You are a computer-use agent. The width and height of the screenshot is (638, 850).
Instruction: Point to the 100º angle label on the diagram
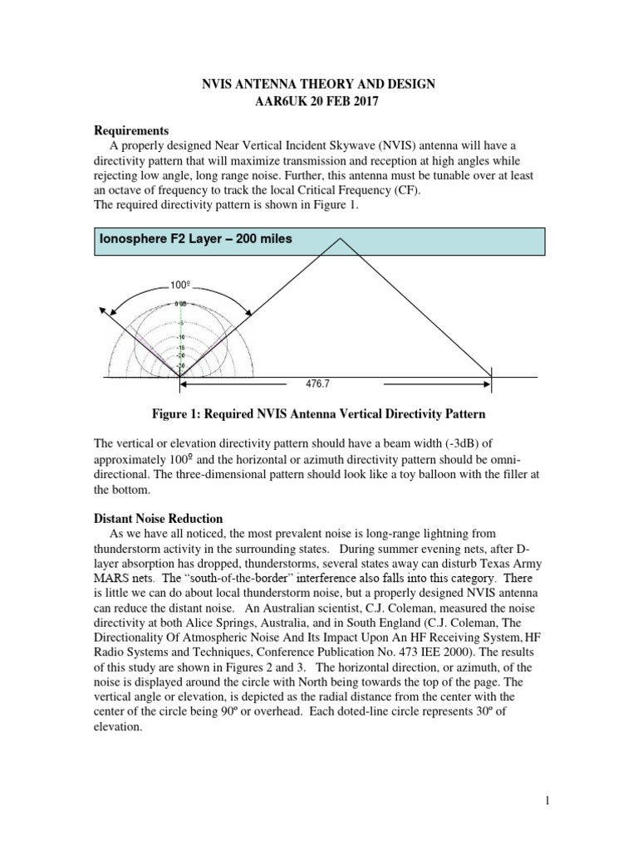click(181, 286)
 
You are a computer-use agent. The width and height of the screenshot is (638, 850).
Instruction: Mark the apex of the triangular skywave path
click(338, 240)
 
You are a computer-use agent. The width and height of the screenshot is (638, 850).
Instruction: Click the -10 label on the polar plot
click(180, 336)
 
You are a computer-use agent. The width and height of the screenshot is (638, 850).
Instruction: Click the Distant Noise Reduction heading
click(159, 519)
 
